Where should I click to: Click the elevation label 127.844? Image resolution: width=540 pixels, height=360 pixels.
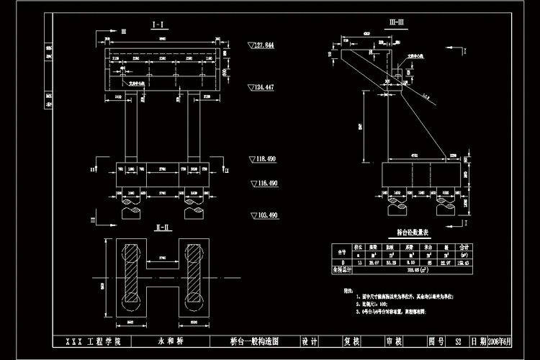tap(264, 45)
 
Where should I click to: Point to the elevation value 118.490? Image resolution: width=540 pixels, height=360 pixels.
tap(264, 158)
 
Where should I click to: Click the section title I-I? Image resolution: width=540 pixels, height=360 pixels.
tap(159, 24)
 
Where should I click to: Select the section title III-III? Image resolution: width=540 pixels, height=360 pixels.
tap(397, 24)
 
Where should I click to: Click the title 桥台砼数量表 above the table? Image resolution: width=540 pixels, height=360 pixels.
tap(413, 233)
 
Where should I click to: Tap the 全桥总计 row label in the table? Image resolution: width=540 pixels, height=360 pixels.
tap(343, 269)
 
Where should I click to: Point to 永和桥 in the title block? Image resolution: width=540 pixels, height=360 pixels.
tap(167, 341)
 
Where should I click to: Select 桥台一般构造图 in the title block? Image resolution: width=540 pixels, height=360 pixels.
tap(244, 341)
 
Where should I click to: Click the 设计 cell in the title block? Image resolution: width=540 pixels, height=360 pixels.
tap(310, 341)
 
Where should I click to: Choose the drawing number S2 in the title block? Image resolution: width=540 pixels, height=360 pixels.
tap(456, 341)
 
